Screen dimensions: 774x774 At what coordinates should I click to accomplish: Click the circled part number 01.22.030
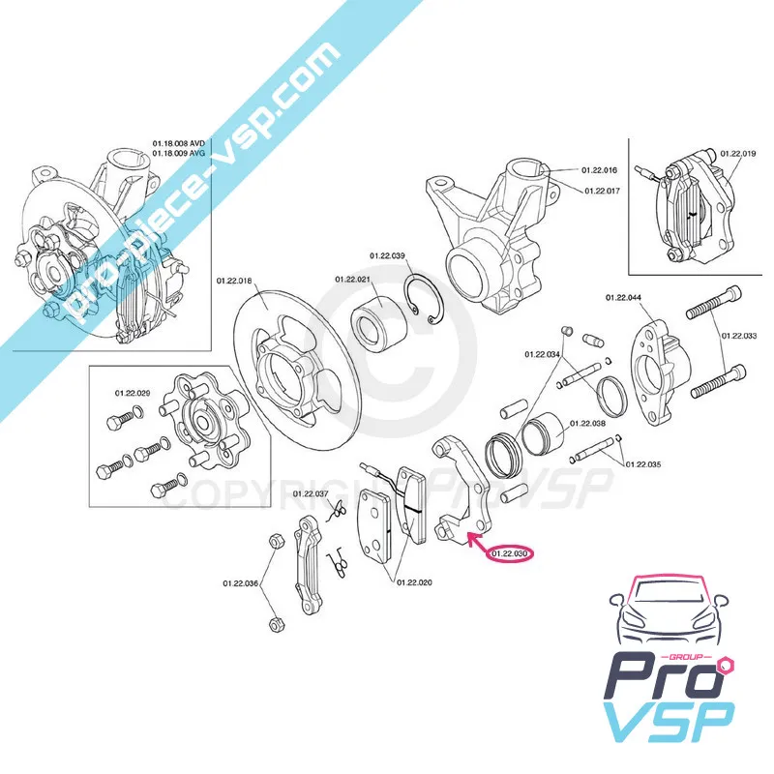click(x=511, y=554)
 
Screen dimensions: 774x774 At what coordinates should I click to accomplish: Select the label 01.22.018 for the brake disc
click(x=233, y=281)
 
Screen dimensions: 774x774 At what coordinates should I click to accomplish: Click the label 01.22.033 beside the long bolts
click(x=739, y=336)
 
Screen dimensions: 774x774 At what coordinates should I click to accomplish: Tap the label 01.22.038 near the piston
click(x=587, y=423)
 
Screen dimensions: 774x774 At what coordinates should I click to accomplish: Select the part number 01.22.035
click(x=644, y=464)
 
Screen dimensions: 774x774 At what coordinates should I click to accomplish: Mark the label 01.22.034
click(x=543, y=355)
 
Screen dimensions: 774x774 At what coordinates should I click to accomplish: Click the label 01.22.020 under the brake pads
click(x=413, y=582)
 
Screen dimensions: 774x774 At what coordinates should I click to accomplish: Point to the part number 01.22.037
click(x=311, y=494)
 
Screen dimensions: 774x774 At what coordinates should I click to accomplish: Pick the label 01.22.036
click(x=240, y=583)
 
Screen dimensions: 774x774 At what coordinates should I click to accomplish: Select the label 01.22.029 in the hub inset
click(x=132, y=393)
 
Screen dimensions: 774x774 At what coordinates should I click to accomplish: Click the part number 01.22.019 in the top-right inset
click(x=738, y=154)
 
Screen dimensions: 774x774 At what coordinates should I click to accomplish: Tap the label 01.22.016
click(x=600, y=170)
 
